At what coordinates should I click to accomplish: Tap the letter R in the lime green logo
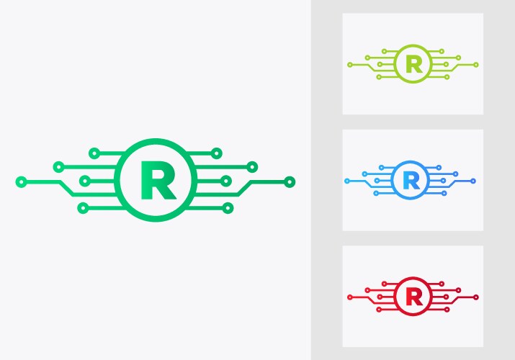click(x=414, y=64)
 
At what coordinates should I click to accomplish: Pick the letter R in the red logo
click(x=413, y=296)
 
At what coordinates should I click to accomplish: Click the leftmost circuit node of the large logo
click(x=21, y=181)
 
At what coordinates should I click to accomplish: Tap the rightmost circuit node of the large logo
click(x=290, y=181)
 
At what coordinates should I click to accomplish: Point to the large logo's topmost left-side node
click(x=94, y=153)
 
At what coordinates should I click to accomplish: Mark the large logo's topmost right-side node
click(x=216, y=153)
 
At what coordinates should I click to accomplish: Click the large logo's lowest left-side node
click(x=83, y=208)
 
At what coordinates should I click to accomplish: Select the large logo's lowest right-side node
click(x=228, y=208)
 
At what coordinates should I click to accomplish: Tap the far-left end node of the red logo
click(x=349, y=297)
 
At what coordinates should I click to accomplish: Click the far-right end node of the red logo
click(x=476, y=297)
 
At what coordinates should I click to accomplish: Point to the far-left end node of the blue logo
click(x=346, y=181)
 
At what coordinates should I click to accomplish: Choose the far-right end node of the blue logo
click(x=473, y=180)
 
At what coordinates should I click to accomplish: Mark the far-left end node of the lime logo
click(x=350, y=65)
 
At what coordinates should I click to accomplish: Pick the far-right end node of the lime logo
click(x=476, y=65)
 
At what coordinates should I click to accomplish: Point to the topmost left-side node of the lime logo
click(x=385, y=51)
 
